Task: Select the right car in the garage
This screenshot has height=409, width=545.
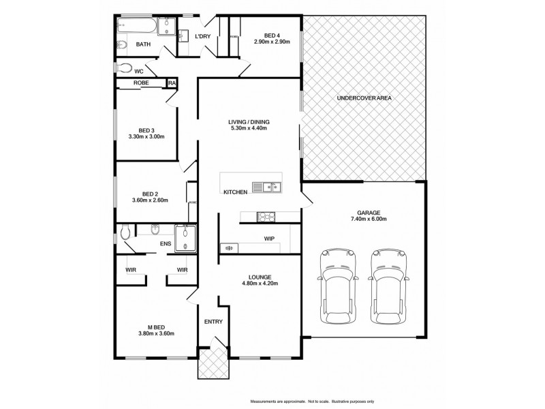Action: [x=389, y=284]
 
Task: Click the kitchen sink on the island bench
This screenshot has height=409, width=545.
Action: [x=268, y=186]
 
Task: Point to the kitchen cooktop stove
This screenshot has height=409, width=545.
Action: [x=265, y=217]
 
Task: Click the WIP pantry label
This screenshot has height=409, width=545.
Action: [x=269, y=239]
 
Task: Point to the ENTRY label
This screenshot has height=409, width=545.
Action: [x=213, y=322]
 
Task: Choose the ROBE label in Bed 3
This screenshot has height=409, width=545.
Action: [x=141, y=83]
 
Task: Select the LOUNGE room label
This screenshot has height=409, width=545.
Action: [x=260, y=277]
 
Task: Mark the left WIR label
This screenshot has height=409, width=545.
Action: [x=131, y=270]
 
